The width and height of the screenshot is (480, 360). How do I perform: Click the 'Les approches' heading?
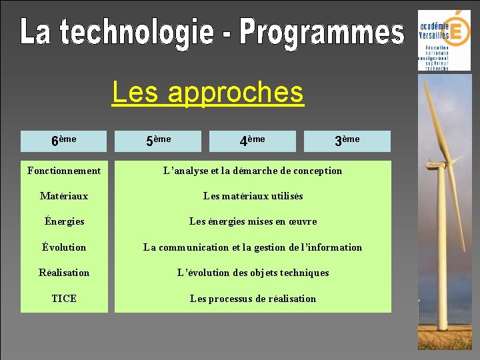207,93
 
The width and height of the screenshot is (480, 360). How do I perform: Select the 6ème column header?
63,141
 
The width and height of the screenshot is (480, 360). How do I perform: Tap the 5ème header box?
158,141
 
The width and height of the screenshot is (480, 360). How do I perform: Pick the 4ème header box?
252,141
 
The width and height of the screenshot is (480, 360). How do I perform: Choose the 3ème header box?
347,141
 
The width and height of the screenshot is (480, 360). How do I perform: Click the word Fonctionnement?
64,171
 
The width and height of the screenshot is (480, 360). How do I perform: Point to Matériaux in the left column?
64,196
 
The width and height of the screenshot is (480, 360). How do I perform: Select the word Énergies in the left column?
64,221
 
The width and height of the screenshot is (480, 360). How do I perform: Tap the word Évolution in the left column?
64,247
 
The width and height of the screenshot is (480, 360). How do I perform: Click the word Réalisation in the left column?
64,273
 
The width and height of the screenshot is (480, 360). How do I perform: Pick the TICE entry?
64,299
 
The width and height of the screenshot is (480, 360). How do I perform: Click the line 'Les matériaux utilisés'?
253,196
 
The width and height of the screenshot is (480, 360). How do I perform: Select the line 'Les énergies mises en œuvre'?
253,221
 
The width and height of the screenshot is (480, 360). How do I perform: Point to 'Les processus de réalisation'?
253,299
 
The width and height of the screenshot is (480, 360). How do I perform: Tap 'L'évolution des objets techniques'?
253,273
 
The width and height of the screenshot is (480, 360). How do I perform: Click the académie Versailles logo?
444,40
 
